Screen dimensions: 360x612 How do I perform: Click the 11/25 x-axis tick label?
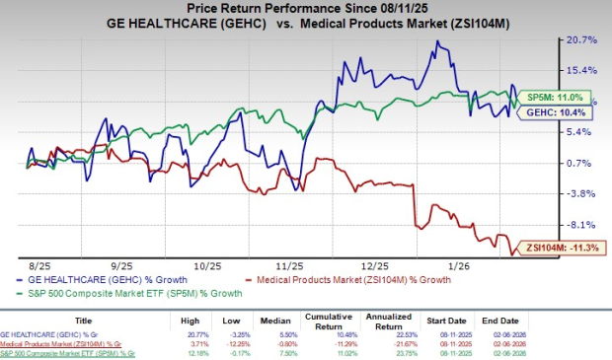(x=290, y=264)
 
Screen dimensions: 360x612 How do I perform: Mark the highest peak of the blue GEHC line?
(x=436, y=41)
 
